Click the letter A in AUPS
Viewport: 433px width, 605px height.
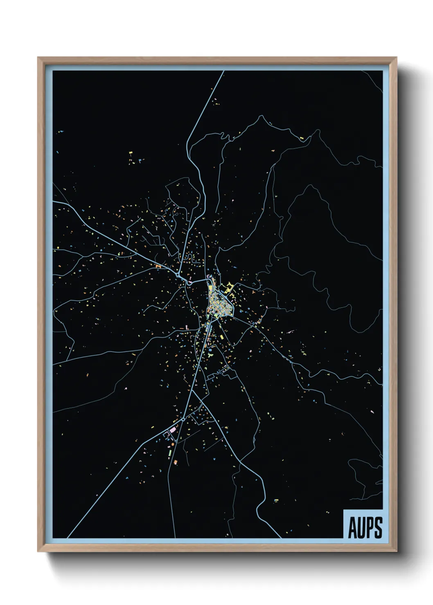(352, 528)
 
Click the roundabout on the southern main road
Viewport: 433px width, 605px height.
(183, 419)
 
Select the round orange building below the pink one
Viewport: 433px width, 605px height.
(173, 444)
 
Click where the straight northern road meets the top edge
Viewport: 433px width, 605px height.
(223, 72)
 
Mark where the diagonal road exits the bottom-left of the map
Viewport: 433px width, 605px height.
(68, 537)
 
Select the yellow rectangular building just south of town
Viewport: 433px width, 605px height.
(222, 337)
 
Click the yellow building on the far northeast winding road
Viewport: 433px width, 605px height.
(302, 139)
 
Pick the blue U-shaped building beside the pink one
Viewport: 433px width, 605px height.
(166, 435)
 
